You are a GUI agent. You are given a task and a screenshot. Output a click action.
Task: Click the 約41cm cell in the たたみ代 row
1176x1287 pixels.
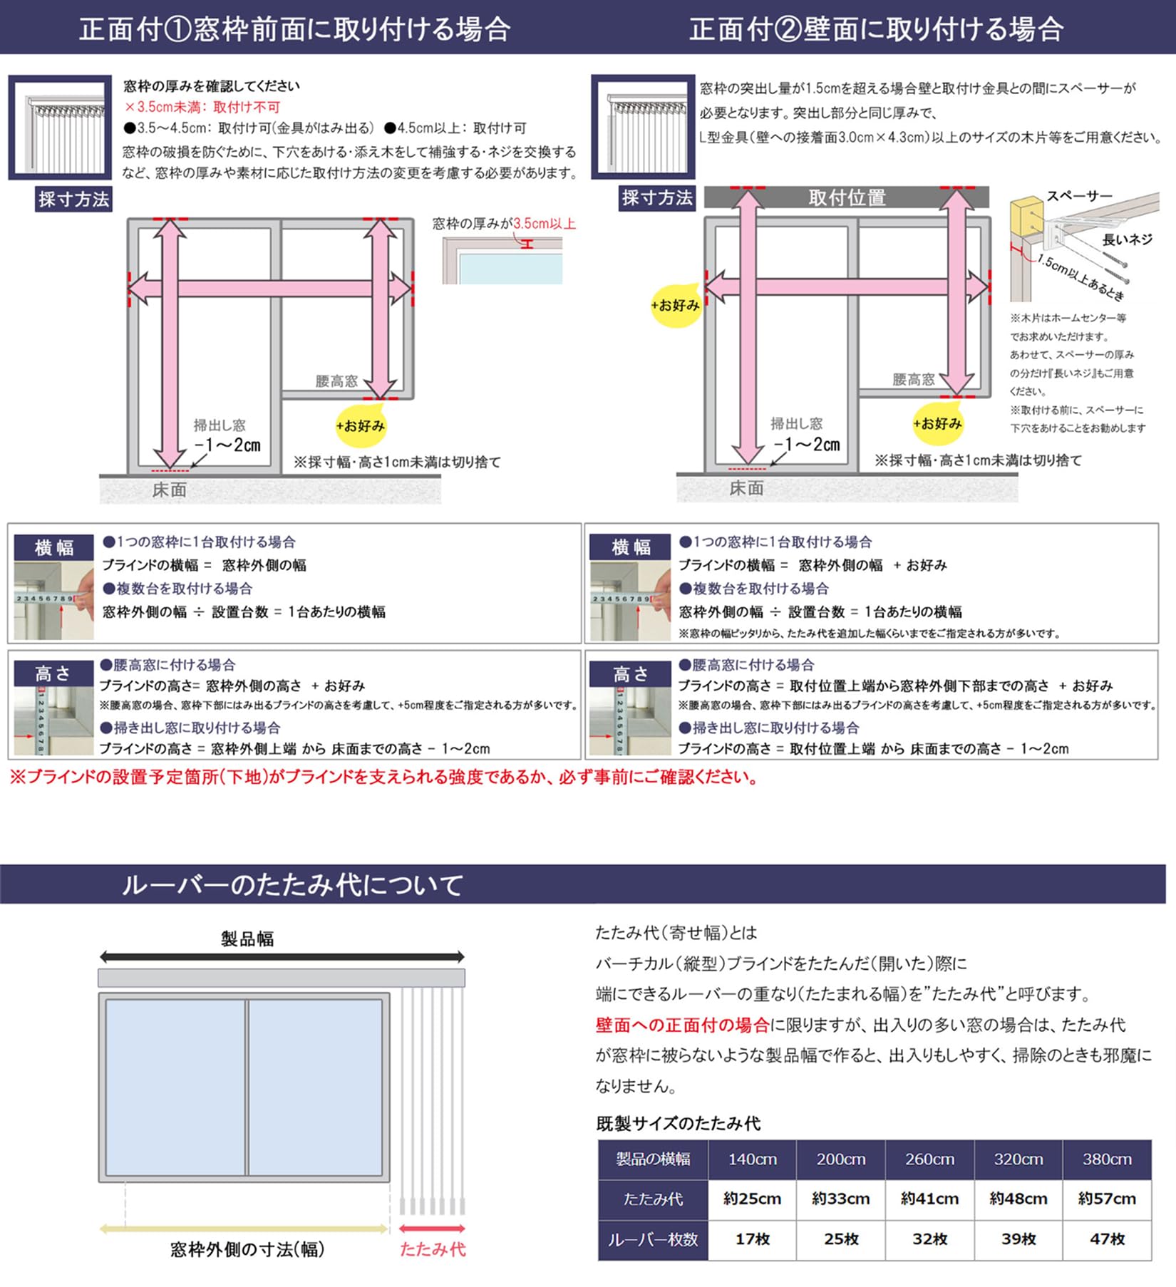[929, 1199]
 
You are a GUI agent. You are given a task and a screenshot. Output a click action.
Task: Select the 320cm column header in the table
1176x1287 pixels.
[1018, 1159]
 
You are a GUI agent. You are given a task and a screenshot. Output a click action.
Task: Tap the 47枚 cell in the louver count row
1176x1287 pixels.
[1106, 1239]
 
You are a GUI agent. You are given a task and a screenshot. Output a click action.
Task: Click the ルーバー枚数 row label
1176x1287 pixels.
[652, 1239]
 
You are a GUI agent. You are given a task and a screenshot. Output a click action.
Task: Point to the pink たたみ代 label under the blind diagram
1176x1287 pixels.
[432, 1249]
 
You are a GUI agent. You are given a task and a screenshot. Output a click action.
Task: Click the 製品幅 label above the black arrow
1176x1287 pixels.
[247, 939]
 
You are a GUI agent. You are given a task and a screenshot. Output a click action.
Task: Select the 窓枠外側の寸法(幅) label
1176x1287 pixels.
[247, 1249]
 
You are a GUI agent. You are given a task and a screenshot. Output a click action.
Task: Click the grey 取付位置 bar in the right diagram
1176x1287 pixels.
[846, 197]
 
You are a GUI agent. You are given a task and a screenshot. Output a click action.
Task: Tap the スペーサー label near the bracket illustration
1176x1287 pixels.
[1079, 196]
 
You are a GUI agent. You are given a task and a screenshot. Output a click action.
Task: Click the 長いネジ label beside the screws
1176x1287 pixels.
[1127, 239]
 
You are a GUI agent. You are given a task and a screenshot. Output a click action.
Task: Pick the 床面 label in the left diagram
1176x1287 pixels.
[170, 490]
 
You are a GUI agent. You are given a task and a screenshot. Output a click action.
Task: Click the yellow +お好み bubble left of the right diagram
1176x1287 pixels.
[675, 306]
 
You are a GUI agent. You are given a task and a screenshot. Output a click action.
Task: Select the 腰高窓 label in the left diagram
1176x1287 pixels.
[336, 381]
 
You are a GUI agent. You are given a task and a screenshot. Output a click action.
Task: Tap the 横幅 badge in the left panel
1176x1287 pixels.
[54, 547]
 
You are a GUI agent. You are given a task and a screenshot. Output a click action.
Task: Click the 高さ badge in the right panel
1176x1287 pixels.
[630, 673]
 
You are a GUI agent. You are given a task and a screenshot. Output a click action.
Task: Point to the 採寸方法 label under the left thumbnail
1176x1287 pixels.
[73, 200]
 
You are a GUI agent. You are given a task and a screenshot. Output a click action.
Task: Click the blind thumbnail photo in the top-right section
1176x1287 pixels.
[642, 127]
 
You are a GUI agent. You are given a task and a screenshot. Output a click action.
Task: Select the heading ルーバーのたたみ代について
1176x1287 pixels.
[292, 884]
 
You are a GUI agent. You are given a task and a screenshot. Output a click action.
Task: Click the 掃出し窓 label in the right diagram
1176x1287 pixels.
[796, 423]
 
